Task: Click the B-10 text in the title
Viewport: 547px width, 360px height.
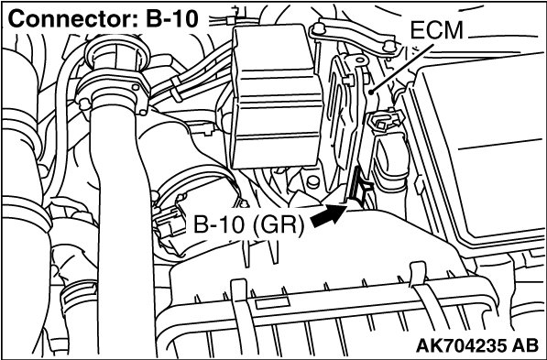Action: [x=171, y=19]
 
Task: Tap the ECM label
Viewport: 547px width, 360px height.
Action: [x=436, y=30]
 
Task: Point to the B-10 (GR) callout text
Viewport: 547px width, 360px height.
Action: [x=248, y=224]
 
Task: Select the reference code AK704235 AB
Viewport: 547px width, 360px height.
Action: [x=476, y=345]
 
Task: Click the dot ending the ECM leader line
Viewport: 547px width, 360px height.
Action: [x=373, y=93]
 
